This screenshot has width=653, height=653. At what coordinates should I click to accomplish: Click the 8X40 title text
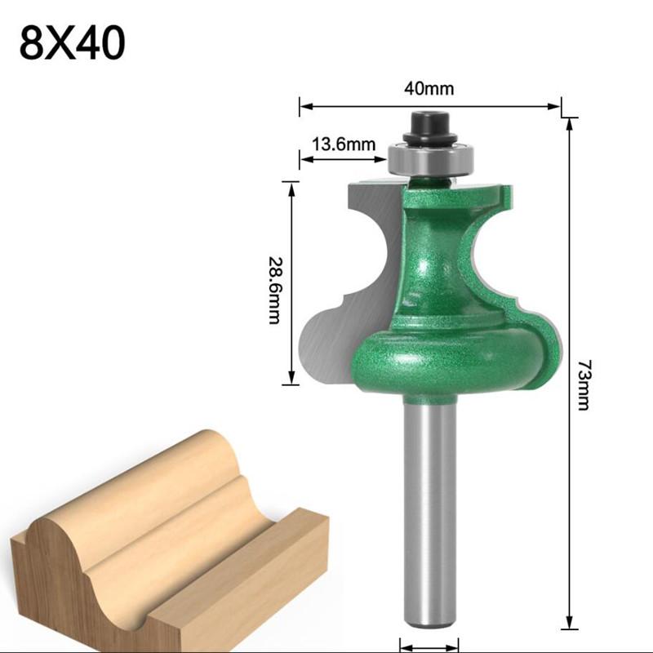(73, 44)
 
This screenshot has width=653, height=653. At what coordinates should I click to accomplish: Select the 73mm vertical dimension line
(568, 375)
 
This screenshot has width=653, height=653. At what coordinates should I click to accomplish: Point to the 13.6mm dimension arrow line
(343, 160)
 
